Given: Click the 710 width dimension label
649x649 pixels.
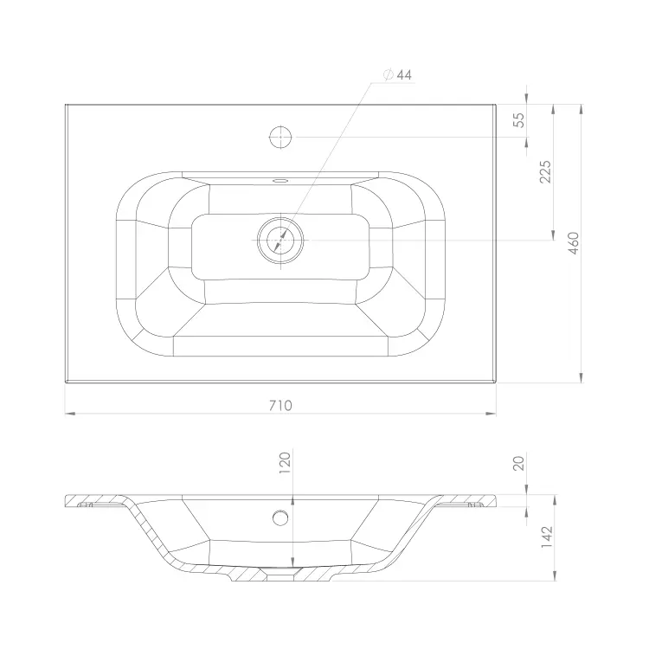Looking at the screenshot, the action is coord(280,405).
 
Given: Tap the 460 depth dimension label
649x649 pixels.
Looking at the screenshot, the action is coord(573,243).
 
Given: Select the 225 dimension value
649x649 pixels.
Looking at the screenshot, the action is coord(545,171).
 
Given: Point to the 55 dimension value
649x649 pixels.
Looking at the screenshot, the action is coord(518,120).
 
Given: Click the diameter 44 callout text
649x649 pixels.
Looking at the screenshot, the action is coord(399,75).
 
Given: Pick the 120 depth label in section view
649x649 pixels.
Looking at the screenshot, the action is coord(286,463).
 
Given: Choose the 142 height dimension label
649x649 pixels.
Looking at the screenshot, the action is coord(547,537).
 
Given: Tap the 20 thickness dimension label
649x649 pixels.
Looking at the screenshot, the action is coord(518,463).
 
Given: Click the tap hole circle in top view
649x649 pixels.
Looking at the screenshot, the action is coord(280,137).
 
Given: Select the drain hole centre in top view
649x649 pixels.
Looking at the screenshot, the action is coord(280,240).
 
